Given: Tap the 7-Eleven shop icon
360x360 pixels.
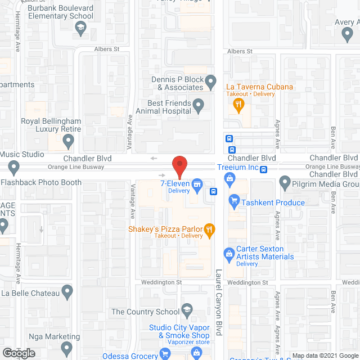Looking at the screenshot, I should point(197,183).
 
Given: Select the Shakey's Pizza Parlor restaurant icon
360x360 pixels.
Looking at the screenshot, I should point(209,228).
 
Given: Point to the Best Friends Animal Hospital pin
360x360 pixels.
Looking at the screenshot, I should point(198,104).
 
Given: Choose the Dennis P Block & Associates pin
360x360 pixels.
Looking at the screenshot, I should point(210,83).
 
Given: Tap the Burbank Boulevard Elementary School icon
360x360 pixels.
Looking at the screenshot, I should point(80,29).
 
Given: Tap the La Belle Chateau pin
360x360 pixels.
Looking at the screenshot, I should point(67,292).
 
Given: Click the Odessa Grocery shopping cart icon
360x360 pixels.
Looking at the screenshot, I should point(165,353).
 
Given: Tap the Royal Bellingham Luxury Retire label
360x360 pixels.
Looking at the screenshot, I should point(51,125).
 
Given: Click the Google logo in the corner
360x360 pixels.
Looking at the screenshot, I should point(18,353).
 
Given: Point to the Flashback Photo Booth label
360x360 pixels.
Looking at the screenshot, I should point(41,182).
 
